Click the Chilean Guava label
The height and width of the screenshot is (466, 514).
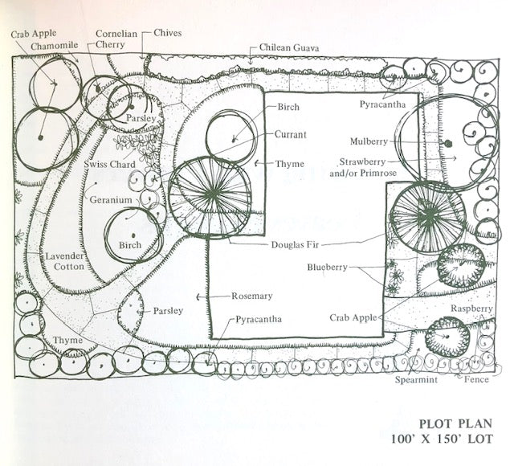click(289, 48)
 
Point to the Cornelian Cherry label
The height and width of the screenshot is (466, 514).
click(116, 39)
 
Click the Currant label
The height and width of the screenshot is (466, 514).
click(289, 134)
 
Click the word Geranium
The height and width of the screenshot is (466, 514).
click(112, 199)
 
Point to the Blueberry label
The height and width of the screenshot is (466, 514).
click(327, 267)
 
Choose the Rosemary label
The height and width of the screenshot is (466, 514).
click(252, 296)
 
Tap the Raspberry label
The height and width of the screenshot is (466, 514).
click(471, 309)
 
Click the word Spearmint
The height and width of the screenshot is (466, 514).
click(415, 380)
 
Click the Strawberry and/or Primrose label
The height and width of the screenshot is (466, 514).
click(369, 166)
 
